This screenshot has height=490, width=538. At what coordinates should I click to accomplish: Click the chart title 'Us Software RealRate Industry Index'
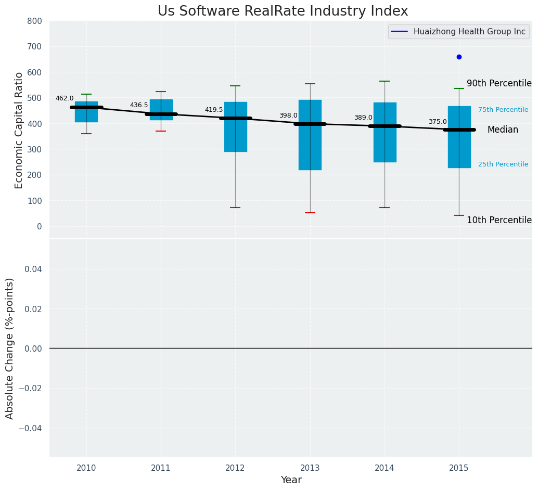point(283,11)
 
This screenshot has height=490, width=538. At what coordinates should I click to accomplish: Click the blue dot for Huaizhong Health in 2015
point(459,57)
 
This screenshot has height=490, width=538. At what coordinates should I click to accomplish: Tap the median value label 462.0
point(65,98)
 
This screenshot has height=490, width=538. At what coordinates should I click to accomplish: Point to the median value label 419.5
point(213,110)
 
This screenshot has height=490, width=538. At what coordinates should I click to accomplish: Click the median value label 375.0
point(437,122)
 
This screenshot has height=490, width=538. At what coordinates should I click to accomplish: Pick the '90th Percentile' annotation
point(498,84)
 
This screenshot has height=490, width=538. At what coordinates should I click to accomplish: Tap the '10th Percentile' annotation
point(498,221)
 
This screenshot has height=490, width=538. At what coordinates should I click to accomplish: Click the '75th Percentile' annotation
point(503,110)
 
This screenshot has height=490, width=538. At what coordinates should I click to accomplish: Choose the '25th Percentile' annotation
point(503,164)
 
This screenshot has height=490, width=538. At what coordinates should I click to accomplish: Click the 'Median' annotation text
point(502,130)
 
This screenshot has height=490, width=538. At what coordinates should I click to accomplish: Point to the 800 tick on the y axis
point(35,21)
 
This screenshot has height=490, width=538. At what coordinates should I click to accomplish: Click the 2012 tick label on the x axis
point(235,468)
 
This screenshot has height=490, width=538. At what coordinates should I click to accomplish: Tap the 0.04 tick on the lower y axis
point(34,269)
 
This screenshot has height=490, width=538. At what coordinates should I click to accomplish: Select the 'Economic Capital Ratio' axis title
point(19,130)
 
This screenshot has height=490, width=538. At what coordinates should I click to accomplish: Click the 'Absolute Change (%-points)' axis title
point(10,348)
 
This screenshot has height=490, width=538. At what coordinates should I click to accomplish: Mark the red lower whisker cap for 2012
point(235,208)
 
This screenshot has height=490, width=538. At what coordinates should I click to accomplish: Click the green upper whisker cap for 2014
point(385,81)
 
